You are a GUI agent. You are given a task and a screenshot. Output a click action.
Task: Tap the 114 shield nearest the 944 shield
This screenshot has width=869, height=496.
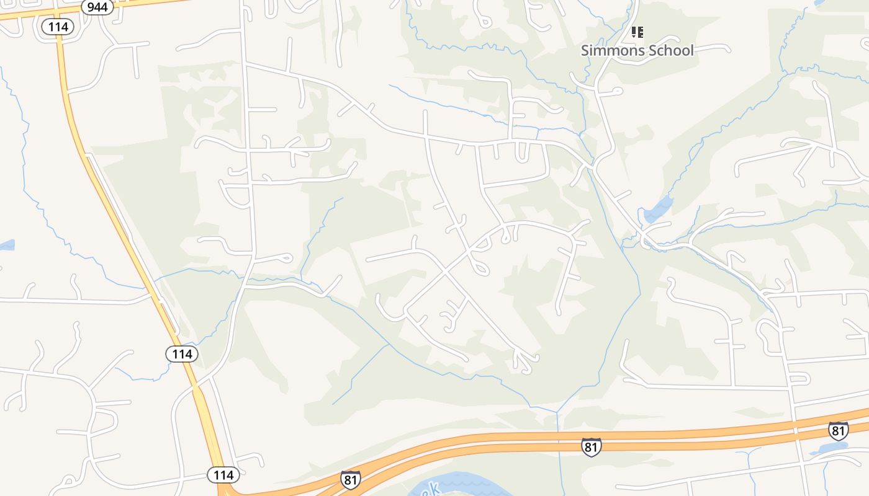click(58, 27)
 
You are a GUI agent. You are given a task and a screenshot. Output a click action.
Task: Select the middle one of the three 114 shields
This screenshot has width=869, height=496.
click(182, 354)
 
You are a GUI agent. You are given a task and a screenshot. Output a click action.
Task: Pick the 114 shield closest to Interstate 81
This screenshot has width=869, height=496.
click(223, 476)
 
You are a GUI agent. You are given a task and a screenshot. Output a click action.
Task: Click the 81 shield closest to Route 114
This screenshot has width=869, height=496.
click(350, 479)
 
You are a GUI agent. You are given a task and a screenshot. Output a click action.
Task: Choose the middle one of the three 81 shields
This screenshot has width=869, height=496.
click(591, 446)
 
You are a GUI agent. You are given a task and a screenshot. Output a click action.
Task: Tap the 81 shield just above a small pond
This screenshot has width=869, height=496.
click(838, 431)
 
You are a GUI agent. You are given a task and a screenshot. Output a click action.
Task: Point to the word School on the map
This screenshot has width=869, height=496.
click(669, 50)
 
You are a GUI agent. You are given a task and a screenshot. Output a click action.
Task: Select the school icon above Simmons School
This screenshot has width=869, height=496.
click(637, 32)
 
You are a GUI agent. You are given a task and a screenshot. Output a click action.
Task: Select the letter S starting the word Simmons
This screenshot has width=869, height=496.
click(585, 50)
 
